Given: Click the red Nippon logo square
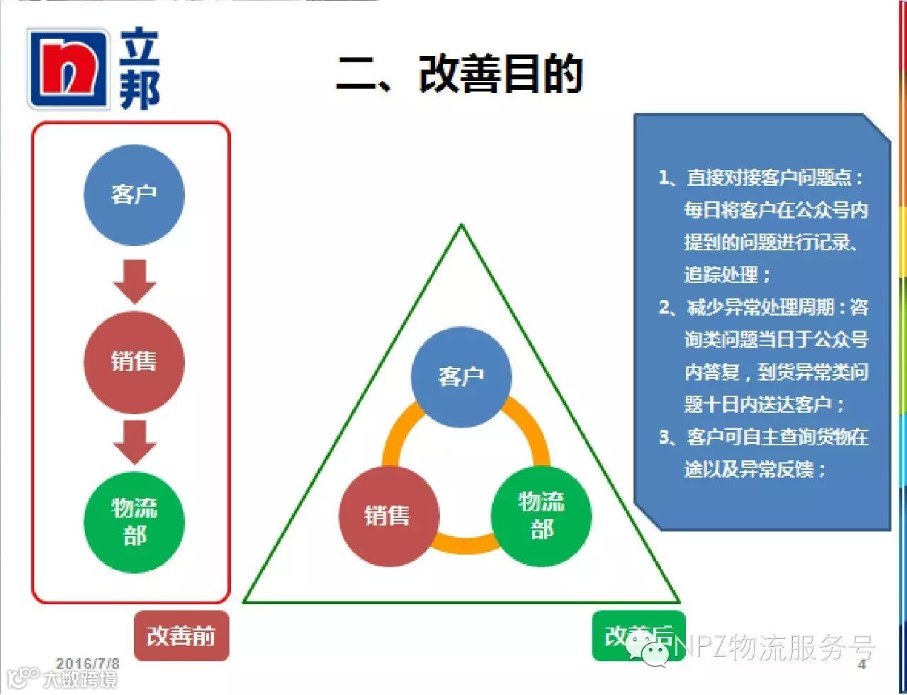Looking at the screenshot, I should (x=68, y=69).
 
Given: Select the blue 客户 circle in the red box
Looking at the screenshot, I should (x=134, y=194).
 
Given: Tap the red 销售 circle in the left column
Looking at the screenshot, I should (x=134, y=362).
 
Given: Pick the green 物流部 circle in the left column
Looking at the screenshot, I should (x=134, y=522).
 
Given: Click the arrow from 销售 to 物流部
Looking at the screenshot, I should (x=135, y=442).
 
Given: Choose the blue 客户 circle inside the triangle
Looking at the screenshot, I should (x=461, y=377).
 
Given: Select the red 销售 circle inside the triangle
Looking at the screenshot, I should (x=388, y=515).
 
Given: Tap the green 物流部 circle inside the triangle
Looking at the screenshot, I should (x=541, y=515).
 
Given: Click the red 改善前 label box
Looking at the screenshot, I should (x=181, y=635).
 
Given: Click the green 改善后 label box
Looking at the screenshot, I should (x=638, y=635).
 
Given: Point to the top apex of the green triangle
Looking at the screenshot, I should (x=461, y=227).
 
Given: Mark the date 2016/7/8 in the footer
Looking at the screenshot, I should (x=88, y=664).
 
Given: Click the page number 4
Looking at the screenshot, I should (x=862, y=665).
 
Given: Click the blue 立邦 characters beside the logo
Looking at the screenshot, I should (x=139, y=69).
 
